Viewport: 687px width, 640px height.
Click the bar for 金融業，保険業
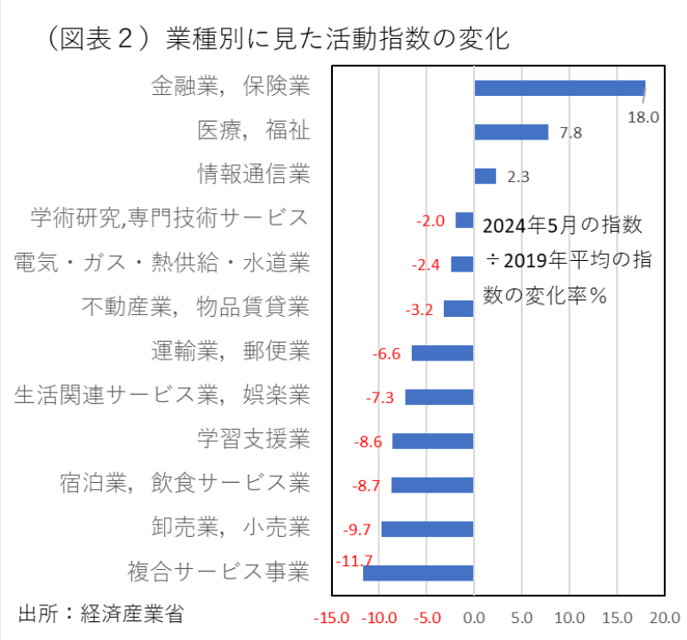click(x=559, y=88)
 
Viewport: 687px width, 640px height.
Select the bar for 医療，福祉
click(x=511, y=132)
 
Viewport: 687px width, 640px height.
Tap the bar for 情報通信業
click(x=485, y=176)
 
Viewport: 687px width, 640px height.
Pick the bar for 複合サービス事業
click(x=418, y=573)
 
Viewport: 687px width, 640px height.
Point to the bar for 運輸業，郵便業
click(x=442, y=353)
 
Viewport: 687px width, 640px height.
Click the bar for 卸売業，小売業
click(x=427, y=529)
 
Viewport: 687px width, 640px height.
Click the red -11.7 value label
click(x=354, y=560)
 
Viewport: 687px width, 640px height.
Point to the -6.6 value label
click(x=387, y=354)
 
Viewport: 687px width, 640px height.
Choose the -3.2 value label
click(x=418, y=310)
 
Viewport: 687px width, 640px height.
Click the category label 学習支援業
click(x=253, y=438)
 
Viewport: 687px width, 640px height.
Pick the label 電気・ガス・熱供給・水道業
click(x=162, y=263)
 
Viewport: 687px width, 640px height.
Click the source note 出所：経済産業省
click(x=101, y=613)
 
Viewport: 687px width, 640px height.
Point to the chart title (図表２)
click(x=275, y=40)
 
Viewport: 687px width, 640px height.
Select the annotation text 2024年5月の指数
click(x=562, y=225)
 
